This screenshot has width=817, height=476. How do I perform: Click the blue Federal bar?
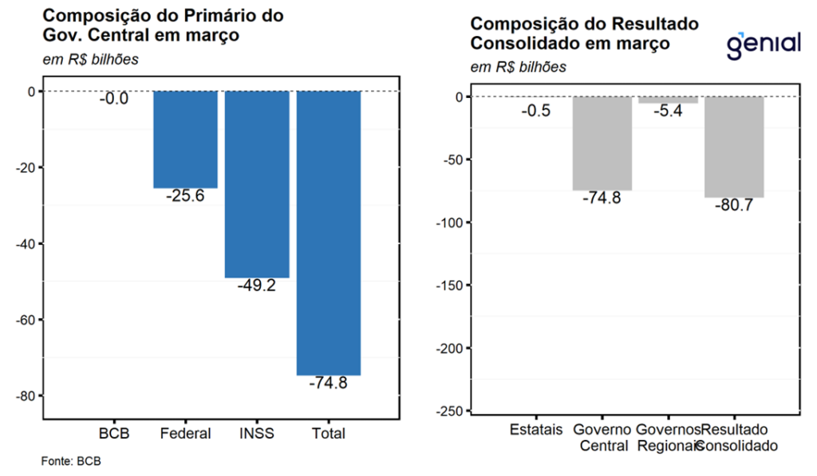[x=185, y=140]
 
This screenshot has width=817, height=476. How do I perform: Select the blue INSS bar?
[x=257, y=184]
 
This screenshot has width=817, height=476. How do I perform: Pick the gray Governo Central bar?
[x=602, y=144]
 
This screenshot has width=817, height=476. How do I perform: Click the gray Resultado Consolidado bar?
[x=734, y=147]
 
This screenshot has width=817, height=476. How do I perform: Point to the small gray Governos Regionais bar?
[x=668, y=100]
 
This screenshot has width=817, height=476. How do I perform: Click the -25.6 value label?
[x=185, y=196]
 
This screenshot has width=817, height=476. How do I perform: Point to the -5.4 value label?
[x=668, y=112]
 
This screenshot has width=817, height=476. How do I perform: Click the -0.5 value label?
[x=535, y=112]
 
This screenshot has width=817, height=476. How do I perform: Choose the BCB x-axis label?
[x=112, y=434]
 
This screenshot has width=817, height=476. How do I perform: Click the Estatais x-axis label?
[x=535, y=431]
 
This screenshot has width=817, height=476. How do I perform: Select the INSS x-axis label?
[x=257, y=434]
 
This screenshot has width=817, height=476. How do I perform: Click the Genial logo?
[x=763, y=43]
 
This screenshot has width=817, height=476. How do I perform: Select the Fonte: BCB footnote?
[x=71, y=461]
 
